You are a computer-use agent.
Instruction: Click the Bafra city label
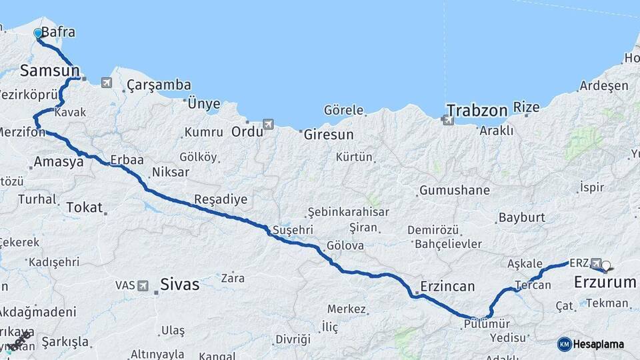[58, 32]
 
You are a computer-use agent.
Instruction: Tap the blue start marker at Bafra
[39, 33]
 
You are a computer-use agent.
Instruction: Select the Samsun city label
[50, 70]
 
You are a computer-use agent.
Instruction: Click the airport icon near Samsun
[107, 83]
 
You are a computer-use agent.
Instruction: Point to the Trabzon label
[477, 110]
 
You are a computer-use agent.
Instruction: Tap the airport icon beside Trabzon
[446, 120]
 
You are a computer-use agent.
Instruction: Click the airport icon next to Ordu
[268, 124]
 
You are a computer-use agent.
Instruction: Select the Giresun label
[329, 134]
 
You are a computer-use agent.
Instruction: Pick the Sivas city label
[179, 285]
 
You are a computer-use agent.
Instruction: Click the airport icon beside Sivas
[143, 285]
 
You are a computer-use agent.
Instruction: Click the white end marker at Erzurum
[606, 265]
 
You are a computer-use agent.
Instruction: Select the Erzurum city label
[605, 283]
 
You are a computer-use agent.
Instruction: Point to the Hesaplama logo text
[599, 344]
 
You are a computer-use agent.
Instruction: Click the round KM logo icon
[564, 344]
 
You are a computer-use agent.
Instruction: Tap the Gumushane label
[454, 191]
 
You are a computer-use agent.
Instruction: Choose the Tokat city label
[84, 207]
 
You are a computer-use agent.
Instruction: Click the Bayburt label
[522, 217]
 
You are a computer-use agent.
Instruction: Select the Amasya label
[59, 161]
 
